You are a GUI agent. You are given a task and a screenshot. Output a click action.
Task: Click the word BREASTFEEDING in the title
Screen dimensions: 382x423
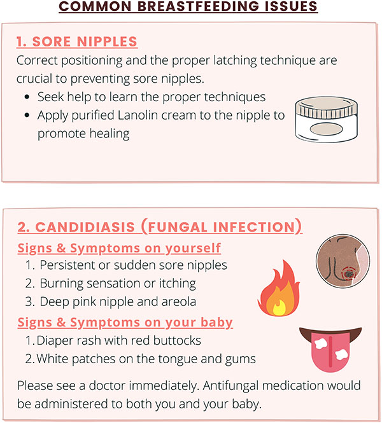(x=198, y=6)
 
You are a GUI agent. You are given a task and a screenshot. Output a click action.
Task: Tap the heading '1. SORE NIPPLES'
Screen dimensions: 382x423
(x=77, y=41)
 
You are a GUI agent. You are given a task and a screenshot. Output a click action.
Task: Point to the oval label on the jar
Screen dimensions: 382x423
(x=326, y=129)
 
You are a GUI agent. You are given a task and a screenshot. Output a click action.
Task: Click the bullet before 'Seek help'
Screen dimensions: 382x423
(x=27, y=97)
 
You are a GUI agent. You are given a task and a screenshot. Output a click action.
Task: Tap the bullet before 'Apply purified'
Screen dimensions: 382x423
(x=27, y=115)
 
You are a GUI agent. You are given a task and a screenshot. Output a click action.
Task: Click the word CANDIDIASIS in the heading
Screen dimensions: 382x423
(x=85, y=227)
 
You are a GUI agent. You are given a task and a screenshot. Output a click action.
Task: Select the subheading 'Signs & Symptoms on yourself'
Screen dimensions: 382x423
(x=119, y=248)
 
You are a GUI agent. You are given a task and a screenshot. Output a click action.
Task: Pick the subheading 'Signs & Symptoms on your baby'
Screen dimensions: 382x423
(x=125, y=322)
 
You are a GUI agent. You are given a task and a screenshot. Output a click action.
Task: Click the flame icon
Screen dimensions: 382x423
(x=279, y=288)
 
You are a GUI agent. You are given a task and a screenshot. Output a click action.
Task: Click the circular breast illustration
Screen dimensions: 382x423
(x=343, y=261)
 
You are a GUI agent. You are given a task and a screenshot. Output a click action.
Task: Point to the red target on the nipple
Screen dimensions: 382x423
(x=349, y=274)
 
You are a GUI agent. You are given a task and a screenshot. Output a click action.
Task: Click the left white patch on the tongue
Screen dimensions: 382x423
(x=321, y=343)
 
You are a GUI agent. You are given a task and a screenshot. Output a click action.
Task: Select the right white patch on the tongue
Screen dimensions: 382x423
(x=341, y=354)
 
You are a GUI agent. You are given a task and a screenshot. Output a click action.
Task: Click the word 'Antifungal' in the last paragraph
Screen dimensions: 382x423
(x=230, y=385)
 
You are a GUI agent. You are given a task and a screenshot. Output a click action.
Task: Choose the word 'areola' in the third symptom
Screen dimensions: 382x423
(x=179, y=302)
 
